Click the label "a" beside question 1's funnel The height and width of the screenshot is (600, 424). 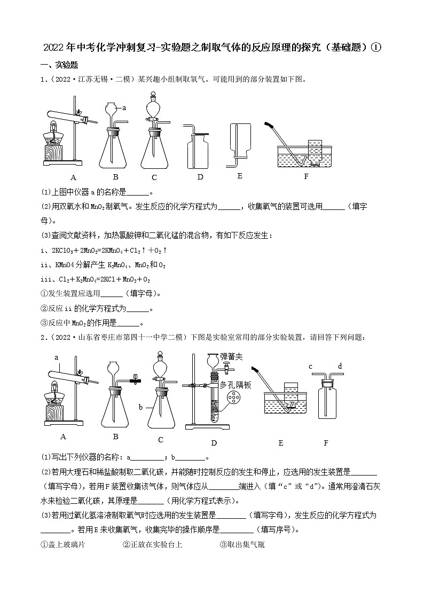point(124,108)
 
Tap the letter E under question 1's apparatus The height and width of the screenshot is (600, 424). point(240,176)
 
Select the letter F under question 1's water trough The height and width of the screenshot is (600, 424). point(306,176)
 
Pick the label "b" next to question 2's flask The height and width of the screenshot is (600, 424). point(140,408)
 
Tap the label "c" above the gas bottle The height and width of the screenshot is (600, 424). point(310,366)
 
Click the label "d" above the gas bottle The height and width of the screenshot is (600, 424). point(339,366)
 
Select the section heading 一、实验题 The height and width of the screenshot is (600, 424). point(59,65)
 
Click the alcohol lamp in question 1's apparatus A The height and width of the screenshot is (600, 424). point(53,134)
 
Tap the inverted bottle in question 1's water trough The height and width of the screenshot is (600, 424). point(315,150)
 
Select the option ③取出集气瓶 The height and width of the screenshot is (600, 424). point(242,545)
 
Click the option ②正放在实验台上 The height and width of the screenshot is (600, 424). point(152,545)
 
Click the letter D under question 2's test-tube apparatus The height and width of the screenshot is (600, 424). point(214,443)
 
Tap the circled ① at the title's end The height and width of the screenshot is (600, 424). point(377,48)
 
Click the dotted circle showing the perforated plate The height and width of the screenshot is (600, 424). point(233,399)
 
